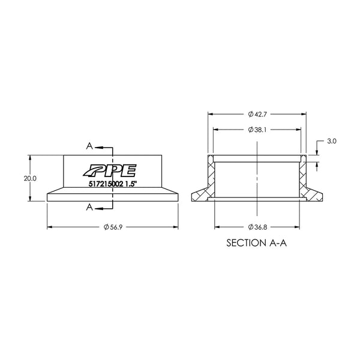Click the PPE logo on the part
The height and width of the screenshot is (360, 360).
110,170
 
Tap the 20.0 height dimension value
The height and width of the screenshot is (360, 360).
30,178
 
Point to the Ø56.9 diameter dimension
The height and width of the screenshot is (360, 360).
113,227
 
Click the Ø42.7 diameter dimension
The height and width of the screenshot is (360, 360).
257,114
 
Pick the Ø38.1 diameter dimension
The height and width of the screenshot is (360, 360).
257,130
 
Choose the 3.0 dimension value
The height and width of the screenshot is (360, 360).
332,141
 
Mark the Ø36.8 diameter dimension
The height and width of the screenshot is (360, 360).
257,227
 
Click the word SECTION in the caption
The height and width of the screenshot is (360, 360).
246,243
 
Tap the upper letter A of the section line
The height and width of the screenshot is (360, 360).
89,146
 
